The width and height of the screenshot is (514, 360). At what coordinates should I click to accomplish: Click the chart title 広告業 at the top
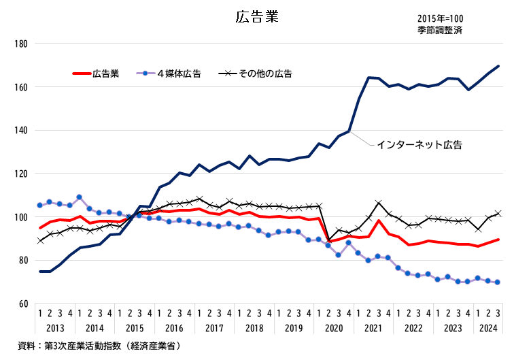[258, 17]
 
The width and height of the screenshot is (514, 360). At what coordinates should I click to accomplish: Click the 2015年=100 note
[441, 18]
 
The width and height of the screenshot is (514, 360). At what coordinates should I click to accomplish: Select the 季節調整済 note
[440, 30]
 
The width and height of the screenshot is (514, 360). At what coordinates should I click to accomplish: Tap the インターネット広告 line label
[419, 145]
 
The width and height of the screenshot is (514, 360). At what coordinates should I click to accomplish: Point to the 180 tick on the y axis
[20, 44]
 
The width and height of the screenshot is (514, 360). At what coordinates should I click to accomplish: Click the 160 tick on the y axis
[20, 87]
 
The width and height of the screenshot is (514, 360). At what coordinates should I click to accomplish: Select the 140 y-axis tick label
[20, 131]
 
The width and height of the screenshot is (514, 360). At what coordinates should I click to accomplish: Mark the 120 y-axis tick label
[20, 174]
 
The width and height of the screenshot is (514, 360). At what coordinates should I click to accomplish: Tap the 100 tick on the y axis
[20, 217]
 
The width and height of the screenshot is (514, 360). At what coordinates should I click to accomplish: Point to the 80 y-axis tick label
[22, 261]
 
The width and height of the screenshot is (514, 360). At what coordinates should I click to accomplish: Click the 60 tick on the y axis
[22, 304]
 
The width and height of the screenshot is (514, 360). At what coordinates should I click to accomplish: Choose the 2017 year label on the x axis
[215, 328]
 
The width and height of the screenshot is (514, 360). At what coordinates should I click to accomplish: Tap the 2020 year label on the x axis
[335, 328]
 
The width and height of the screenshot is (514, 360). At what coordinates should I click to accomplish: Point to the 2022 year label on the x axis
[414, 328]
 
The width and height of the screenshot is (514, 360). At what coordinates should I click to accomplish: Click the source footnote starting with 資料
[99, 346]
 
